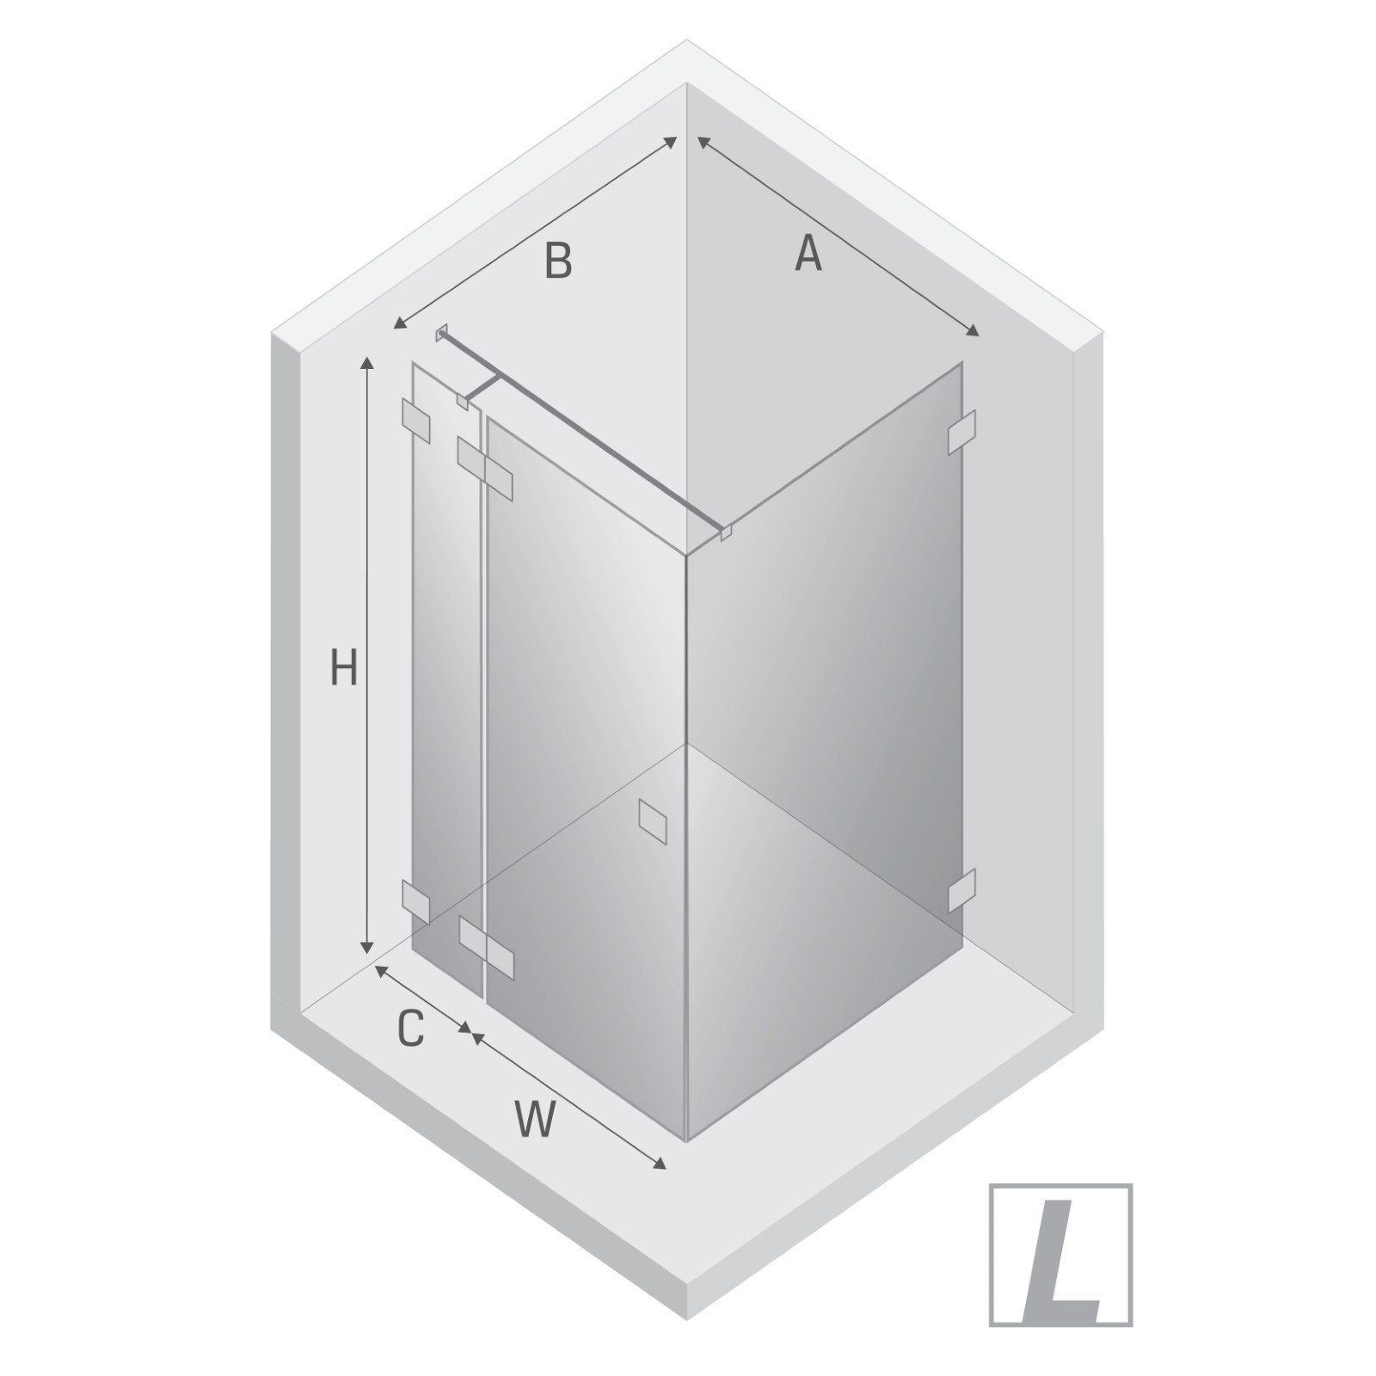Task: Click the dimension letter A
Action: (x=808, y=254)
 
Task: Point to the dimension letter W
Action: (x=536, y=1120)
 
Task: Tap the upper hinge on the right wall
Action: (x=961, y=432)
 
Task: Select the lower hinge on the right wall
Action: (x=961, y=889)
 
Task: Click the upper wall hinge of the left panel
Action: (x=416, y=421)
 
